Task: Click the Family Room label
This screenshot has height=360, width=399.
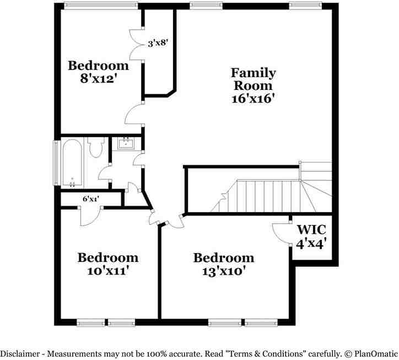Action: (253, 79)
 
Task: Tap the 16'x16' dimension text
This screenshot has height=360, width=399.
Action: (253, 99)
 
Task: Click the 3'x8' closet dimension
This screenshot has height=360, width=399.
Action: (158, 42)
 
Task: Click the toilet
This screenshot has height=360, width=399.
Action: (96, 148)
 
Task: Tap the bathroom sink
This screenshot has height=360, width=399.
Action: (126, 144)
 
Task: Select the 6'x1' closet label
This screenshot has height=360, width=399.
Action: (90, 199)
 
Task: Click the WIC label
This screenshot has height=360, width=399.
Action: (311, 229)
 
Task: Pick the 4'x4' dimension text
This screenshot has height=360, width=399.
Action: (311, 243)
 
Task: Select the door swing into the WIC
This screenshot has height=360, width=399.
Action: (282, 233)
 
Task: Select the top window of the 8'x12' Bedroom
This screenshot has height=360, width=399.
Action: (100, 6)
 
